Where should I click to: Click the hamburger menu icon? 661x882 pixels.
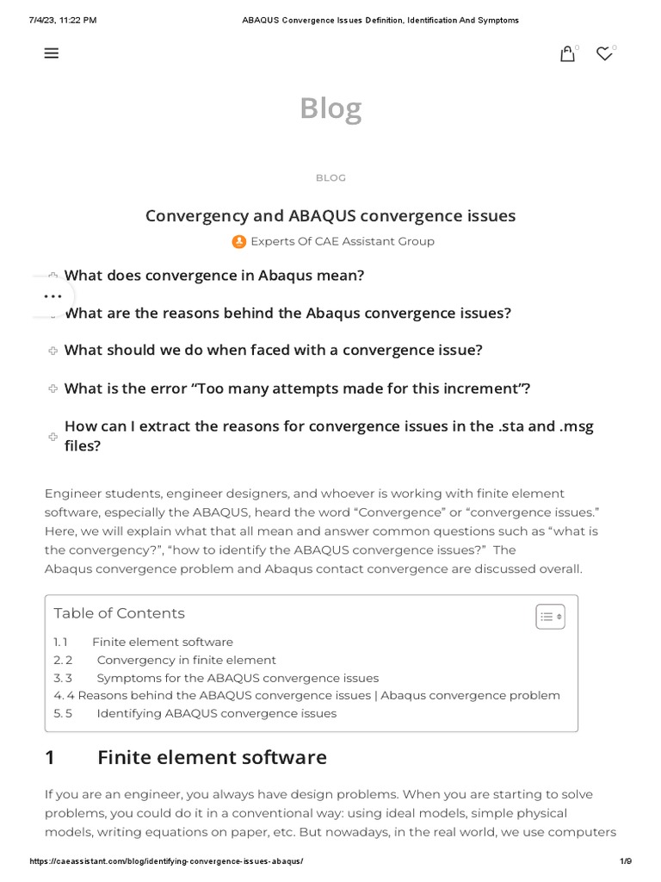pos(52,53)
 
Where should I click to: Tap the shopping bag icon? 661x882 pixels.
pos(567,54)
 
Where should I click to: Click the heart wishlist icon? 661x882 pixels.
pos(604,54)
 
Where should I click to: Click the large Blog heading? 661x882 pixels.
pos(330,109)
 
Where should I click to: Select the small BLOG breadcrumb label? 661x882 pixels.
pos(330,177)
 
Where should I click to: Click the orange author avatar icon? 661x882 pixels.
pos(239,241)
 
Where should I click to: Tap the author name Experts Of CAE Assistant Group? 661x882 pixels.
pos(342,241)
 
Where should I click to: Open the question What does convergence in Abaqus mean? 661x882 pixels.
pos(214,276)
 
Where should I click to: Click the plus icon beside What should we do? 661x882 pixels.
pos(53,351)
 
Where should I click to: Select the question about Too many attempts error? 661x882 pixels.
pos(297,388)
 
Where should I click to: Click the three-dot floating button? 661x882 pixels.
pos(53,295)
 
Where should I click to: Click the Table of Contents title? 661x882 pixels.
pos(119,613)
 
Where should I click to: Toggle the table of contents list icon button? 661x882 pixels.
pos(550,617)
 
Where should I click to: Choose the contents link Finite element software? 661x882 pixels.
pos(162,642)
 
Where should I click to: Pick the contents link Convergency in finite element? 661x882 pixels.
pos(186,660)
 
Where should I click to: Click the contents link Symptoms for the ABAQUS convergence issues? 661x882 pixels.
pos(238,678)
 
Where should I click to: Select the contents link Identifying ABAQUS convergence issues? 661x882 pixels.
pos(216,713)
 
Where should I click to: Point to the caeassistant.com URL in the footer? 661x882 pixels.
pos(166,861)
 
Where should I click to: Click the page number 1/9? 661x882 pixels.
pos(626,861)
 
